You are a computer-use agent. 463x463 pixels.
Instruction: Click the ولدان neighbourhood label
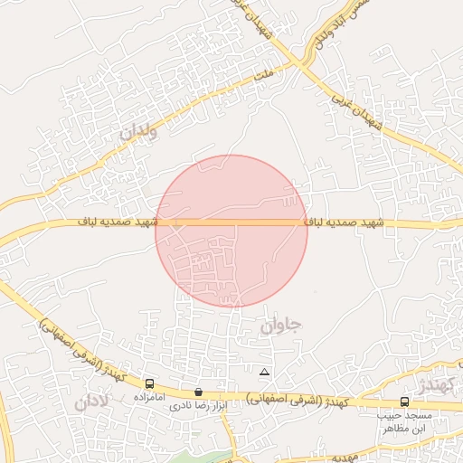coord(137,132)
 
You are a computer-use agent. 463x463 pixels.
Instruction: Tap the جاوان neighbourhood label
coord(281,326)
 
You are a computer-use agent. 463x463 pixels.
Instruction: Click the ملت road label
coord(263,80)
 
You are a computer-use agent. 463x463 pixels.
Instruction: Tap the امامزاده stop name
coord(147,397)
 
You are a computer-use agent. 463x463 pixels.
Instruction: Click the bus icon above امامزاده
coord(148,383)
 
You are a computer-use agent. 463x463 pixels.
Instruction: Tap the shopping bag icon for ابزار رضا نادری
coord(199,392)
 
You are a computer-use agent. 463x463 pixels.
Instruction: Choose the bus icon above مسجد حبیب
coord(404,402)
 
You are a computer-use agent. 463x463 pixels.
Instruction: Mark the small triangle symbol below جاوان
coord(264,372)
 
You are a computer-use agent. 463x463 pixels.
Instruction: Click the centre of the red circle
coord(231,231)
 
